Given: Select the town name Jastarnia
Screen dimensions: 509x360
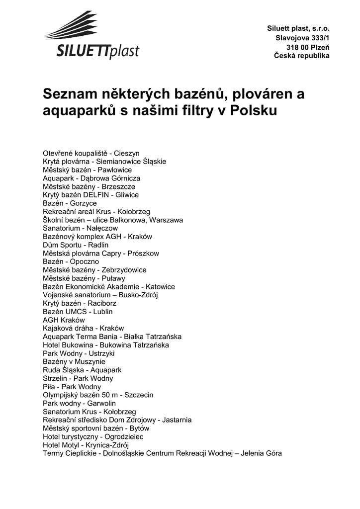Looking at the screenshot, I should [177, 420].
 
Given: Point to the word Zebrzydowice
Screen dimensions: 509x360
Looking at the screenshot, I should [124, 270].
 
